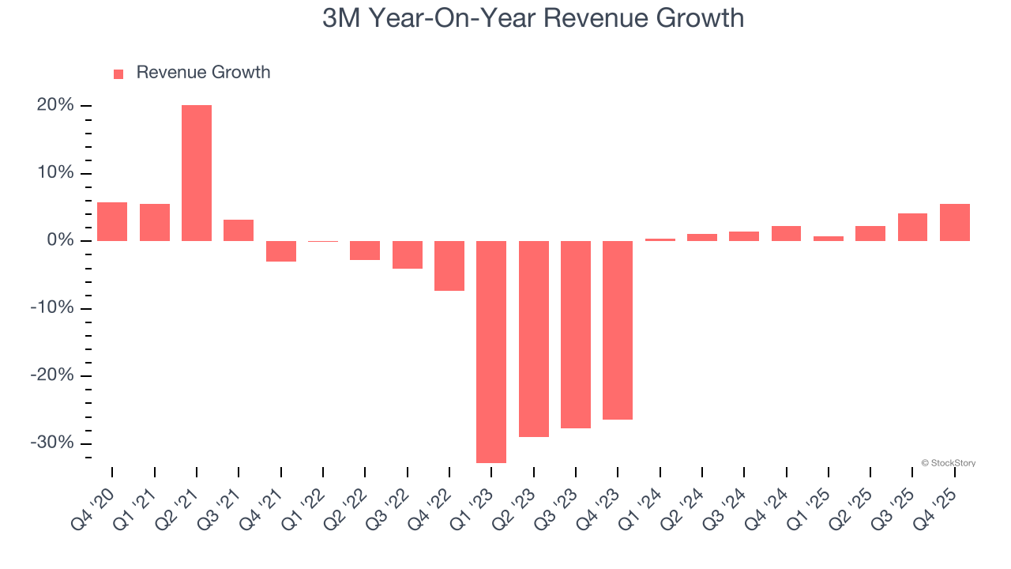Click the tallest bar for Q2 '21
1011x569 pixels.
pyautogui.click(x=197, y=172)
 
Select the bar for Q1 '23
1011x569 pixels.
pyautogui.click(x=491, y=352)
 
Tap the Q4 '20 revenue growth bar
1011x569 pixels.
pyautogui.click(x=112, y=222)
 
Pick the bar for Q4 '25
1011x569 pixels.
pyautogui.click(x=955, y=222)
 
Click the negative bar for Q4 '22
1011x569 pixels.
pyautogui.click(x=449, y=266)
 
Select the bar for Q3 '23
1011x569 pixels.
pyautogui.click(x=576, y=334)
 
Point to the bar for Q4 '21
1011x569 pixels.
pyautogui.click(x=280, y=251)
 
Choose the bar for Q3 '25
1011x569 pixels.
pyautogui.click(x=912, y=227)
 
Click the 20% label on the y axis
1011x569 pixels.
pyautogui.click(x=55, y=106)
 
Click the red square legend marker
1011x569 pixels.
pyautogui.click(x=118, y=73)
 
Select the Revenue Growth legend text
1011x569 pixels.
pyautogui.click(x=203, y=73)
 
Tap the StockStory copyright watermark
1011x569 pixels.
pyautogui.click(x=948, y=463)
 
